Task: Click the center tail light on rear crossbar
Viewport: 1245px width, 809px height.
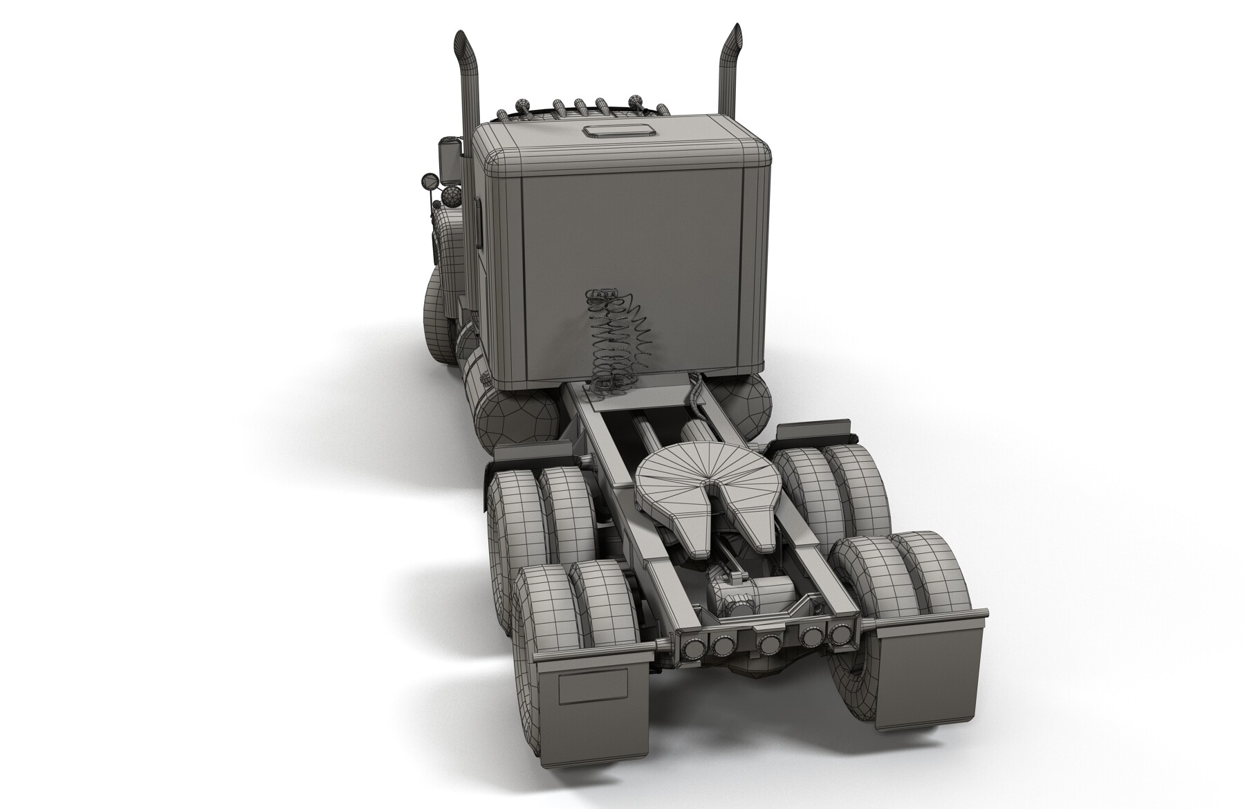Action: (x=768, y=644)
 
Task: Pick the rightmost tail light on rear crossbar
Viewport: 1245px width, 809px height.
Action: (x=841, y=633)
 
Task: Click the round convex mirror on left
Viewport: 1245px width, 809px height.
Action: (x=429, y=182)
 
